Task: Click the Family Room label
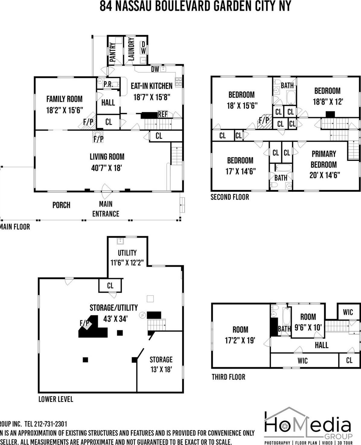64,99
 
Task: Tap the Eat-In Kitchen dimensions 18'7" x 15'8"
152,97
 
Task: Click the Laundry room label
131,49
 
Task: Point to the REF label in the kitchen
162,114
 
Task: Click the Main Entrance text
106,209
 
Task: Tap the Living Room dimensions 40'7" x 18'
107,168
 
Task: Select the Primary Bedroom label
324,159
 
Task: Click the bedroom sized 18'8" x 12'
327,96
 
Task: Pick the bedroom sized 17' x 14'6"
241,166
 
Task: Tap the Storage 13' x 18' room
161,364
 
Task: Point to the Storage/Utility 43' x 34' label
114,313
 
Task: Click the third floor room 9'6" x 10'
308,322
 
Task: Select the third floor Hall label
321,345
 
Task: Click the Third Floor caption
228,377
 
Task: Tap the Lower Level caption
56,399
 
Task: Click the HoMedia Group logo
308,425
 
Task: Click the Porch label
61,205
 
